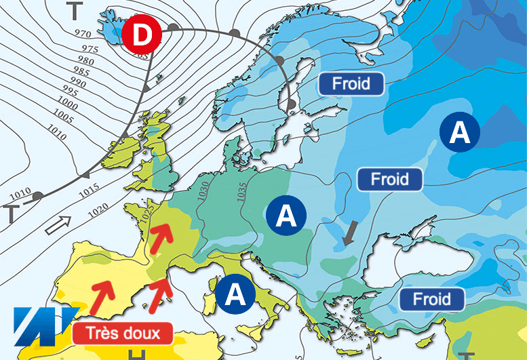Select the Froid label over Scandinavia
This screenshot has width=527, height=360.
[x=351, y=84]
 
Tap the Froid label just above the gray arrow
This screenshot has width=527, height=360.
[x=390, y=180]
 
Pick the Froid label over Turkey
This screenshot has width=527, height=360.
[x=431, y=299]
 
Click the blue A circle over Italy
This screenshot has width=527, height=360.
[x=235, y=295]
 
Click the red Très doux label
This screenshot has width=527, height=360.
[x=123, y=333]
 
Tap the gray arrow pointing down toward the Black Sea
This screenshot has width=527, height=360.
[x=349, y=234]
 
